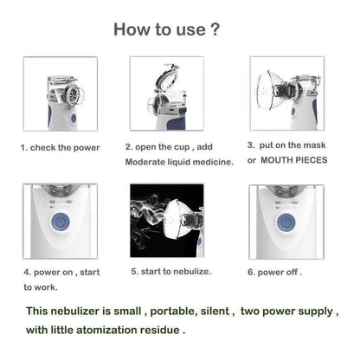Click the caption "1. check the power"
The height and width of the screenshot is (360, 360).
pyautogui.click(x=61, y=147)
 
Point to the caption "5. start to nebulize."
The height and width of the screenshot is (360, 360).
pyautogui.click(x=171, y=271)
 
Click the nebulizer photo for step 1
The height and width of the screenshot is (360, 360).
pyautogui.click(x=60, y=93)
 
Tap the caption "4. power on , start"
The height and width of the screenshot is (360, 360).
pyautogui.click(x=61, y=272)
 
